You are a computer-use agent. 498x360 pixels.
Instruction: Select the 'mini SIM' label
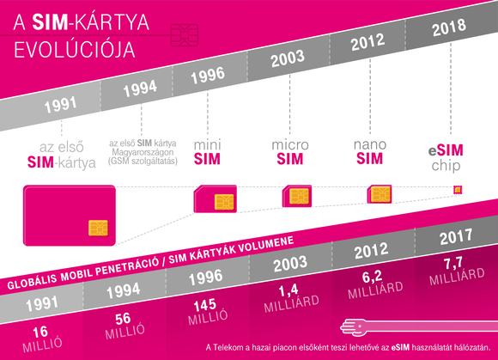[207, 150]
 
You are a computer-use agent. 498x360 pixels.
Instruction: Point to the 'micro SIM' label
[290, 151]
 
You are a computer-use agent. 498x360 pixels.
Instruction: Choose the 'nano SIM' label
[369, 150]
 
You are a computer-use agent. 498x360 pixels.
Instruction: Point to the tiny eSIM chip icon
[457, 190]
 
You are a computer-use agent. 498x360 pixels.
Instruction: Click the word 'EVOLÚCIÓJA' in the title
[72, 48]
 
